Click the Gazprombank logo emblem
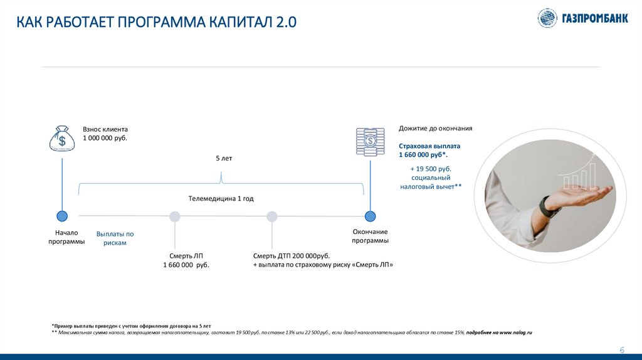point(547,18)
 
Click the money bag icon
point(62,138)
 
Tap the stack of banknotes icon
point(370,141)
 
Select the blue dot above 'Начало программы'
point(62,216)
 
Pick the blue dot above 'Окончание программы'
point(370,216)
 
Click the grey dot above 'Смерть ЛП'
point(175,216)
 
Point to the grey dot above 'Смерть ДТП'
point(272,216)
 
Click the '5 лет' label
point(224,159)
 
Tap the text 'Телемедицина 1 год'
point(221,198)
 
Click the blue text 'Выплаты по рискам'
point(115,238)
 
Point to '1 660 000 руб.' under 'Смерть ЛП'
point(186,265)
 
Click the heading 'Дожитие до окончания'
point(435,129)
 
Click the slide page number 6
point(622,350)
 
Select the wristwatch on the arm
point(547,207)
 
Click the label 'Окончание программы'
point(370,236)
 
